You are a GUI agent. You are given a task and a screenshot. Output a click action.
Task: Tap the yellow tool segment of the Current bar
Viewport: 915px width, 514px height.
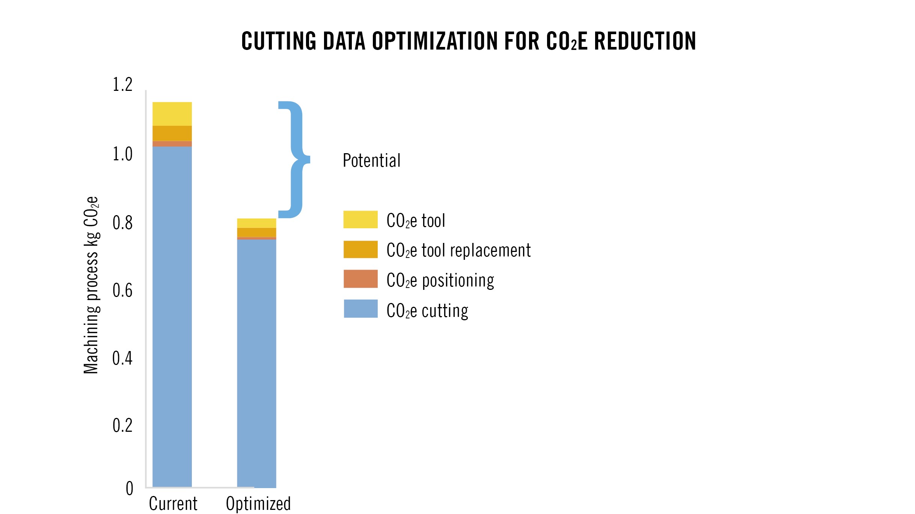coord(172,114)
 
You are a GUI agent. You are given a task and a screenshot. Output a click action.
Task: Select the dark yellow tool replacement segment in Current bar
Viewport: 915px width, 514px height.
coord(172,133)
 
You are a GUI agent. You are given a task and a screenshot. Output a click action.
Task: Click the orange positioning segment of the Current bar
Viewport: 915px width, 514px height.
coord(172,144)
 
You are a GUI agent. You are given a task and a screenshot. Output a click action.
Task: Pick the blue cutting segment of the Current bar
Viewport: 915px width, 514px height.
coord(172,315)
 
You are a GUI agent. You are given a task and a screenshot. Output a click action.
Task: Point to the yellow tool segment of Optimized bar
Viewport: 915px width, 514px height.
coord(256,223)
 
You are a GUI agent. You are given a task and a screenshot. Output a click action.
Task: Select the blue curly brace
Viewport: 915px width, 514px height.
coord(295,160)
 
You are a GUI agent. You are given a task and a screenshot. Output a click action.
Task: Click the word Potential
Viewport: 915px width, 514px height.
coord(371,161)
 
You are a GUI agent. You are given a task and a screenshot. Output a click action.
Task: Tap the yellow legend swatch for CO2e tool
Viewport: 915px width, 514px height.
coord(360,220)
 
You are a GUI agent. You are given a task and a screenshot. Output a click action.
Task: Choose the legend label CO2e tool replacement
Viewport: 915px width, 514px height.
coord(458,250)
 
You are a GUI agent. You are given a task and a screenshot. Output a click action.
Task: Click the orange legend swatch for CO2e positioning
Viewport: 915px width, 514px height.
coord(360,279)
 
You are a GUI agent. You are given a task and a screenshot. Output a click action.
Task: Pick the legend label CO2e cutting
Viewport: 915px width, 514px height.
coord(427,311)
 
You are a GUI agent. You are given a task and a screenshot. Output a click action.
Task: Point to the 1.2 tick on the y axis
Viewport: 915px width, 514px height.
coord(122,84)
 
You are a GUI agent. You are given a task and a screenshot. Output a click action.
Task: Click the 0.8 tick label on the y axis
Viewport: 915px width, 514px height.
coord(122,223)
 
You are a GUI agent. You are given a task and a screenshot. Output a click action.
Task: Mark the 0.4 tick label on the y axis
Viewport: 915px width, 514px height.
coord(122,358)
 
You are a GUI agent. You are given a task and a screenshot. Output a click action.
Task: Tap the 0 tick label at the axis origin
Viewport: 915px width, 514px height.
coord(130,488)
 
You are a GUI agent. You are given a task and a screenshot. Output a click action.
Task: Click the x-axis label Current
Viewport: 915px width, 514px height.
coord(173,503)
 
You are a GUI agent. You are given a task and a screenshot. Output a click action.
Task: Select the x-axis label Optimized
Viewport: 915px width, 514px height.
coord(258,503)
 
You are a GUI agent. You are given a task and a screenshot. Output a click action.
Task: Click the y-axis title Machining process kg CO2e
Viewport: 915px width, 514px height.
coord(91,285)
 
